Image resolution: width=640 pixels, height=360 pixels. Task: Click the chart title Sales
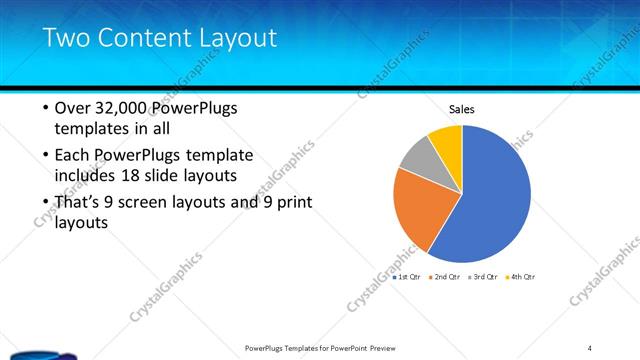[461, 109]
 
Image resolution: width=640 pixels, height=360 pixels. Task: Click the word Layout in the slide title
[237, 38]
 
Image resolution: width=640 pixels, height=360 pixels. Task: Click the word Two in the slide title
[68, 38]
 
